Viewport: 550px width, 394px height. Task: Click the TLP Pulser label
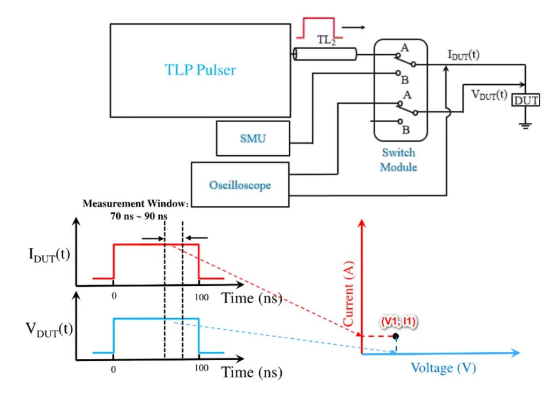200,70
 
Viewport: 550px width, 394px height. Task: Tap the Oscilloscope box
240,185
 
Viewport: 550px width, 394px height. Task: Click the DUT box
526,100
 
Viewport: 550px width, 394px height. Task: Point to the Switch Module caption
399,160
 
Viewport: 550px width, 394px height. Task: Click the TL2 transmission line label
327,40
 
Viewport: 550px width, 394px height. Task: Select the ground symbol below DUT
526,125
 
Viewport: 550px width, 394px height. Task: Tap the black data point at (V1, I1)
396,336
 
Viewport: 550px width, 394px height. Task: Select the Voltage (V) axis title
443,368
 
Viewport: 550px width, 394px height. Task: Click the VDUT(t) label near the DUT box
489,95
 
